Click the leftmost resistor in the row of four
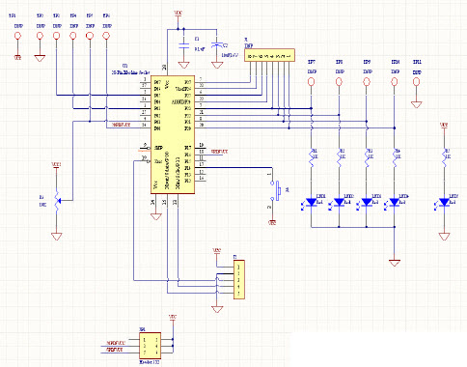312,155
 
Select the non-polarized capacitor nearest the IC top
184,44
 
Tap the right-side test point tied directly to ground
416,82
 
